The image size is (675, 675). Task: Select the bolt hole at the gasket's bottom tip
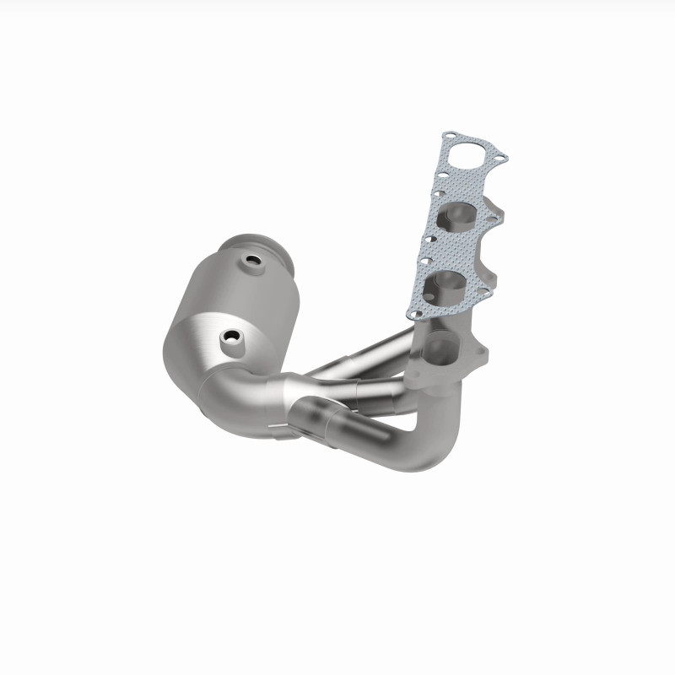coord(416,311)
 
